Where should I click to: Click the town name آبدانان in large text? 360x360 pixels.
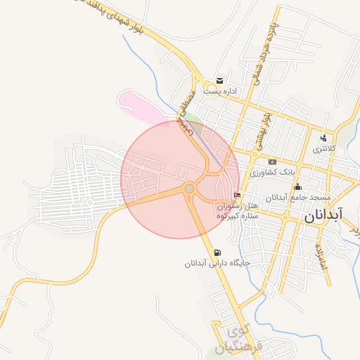[323, 214]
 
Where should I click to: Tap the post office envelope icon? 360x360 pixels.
[220, 81]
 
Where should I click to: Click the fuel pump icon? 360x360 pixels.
[217, 253]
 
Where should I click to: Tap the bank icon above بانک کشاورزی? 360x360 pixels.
[272, 162]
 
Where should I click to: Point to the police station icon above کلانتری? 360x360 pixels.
[323, 138]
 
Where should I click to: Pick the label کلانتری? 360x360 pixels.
[324, 149]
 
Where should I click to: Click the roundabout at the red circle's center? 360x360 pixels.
[189, 188]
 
